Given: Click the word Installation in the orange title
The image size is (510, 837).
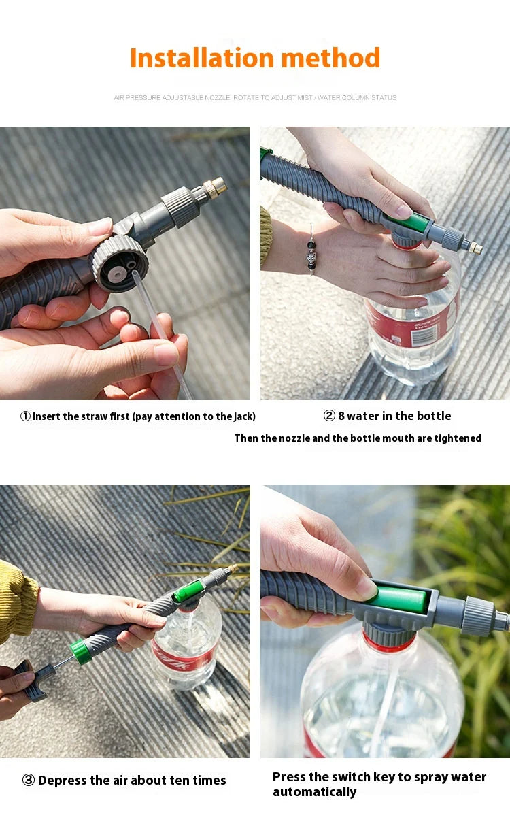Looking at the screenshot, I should pyautogui.click(x=202, y=59).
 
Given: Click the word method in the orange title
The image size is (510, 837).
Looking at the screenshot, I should pyautogui.click(x=330, y=59).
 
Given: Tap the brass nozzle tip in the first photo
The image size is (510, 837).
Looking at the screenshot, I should pyautogui.click(x=216, y=184).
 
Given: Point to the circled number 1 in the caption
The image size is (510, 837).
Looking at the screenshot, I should pyautogui.click(x=25, y=416).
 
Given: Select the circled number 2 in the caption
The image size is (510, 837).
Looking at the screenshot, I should pyautogui.click(x=329, y=416).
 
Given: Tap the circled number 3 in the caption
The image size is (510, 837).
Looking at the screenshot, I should pyautogui.click(x=29, y=781).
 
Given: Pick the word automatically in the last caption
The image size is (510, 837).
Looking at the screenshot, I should pyautogui.click(x=314, y=792).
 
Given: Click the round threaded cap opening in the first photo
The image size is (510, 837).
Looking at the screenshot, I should pyautogui.click(x=120, y=264).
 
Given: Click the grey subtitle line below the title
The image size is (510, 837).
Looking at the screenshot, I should pyautogui.click(x=255, y=98).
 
